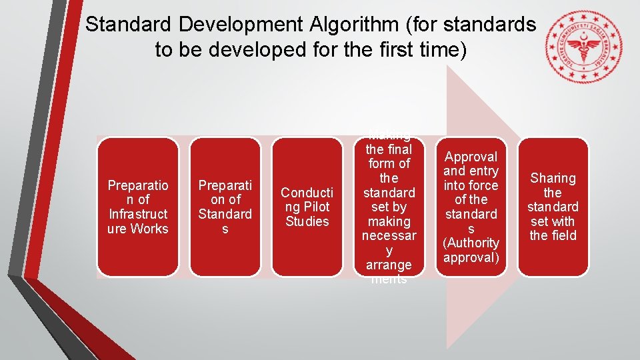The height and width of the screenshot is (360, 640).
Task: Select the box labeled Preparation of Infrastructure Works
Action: pos(138,207)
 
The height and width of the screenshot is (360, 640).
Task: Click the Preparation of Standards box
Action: pos(225,207)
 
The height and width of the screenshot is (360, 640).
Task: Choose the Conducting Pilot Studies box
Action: pos(307,207)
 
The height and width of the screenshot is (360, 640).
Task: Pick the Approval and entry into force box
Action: pos(471,207)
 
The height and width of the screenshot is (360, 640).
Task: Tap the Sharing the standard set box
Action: pos(553,207)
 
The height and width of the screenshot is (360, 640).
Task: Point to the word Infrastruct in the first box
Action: pos(138,214)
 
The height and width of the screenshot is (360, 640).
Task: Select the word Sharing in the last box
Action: pos(553,178)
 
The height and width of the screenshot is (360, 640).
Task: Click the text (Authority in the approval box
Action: pos(471,243)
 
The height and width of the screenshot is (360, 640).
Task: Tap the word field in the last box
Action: pos(563,235)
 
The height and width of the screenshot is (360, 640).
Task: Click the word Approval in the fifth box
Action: pos(471,157)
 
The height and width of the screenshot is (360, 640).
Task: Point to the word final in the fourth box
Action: pos(398,149)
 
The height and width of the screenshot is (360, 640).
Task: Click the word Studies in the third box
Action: pos(307,221)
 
